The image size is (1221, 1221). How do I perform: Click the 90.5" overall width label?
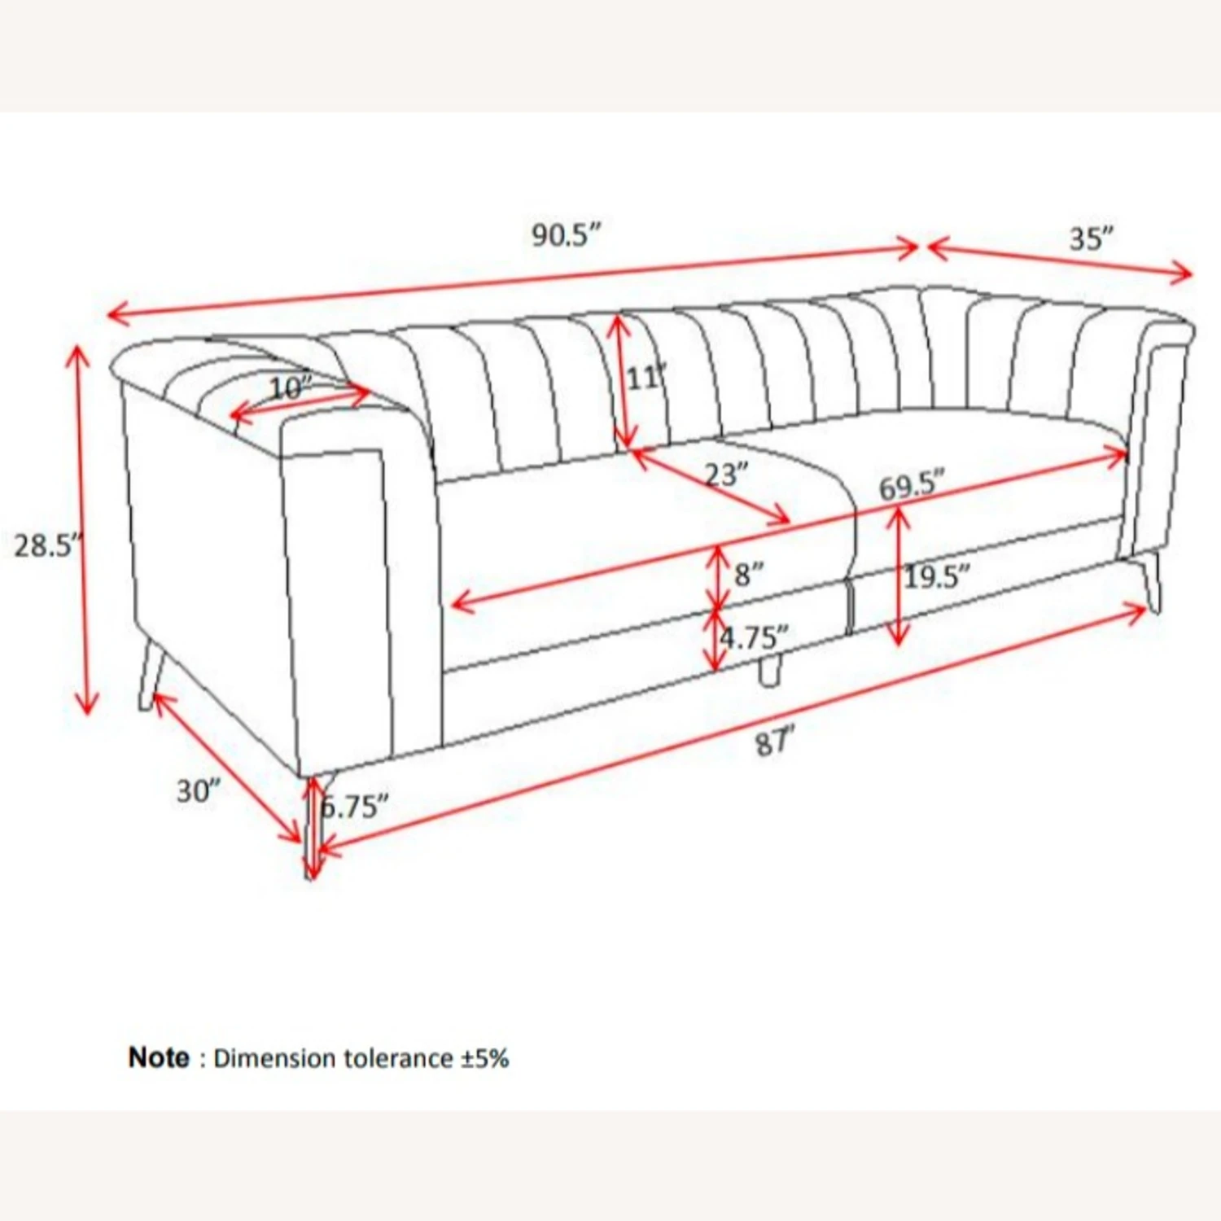point(567,235)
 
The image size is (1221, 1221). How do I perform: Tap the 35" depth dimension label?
point(1091,239)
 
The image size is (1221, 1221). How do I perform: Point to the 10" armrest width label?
point(291,388)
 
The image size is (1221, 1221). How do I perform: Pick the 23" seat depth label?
point(726,474)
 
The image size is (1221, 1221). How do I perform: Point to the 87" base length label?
point(774,742)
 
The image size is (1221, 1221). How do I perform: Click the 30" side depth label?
point(199,790)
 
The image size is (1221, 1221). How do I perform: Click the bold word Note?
point(159,1057)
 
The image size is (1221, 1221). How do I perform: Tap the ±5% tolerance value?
point(485,1058)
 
